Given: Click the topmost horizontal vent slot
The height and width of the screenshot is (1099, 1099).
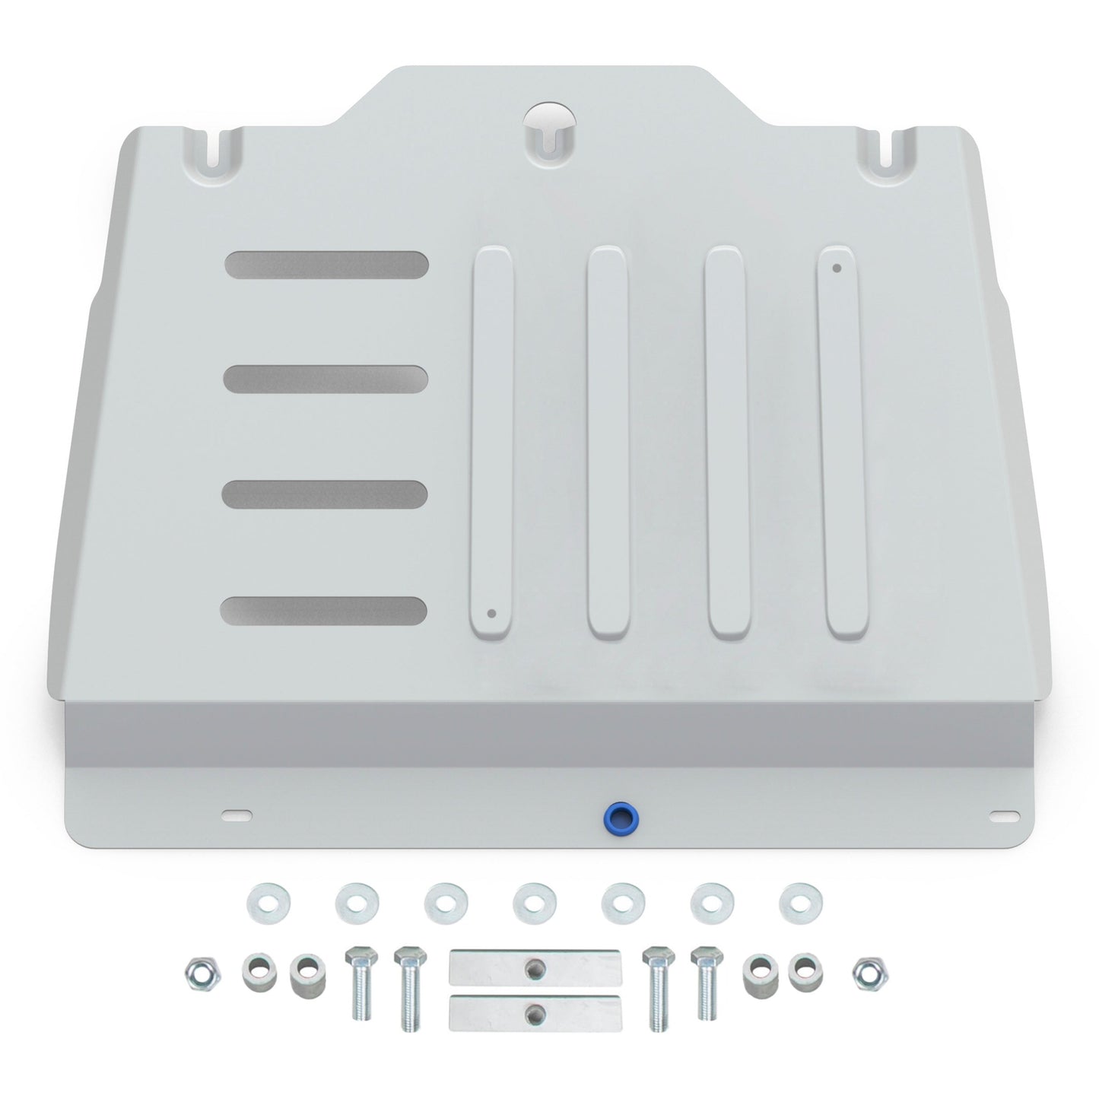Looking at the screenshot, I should click(x=326, y=265).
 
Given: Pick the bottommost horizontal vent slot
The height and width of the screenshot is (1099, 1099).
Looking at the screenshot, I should click(x=324, y=610).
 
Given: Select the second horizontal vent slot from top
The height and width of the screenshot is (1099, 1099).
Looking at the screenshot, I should click(x=326, y=379).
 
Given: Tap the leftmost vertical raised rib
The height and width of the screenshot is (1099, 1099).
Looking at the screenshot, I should click(x=493, y=445).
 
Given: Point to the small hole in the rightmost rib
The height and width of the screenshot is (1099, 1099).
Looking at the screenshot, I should click(x=837, y=268).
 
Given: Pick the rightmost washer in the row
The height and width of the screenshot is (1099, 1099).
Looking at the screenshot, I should click(x=796, y=900).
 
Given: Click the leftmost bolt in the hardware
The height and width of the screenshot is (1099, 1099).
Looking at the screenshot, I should click(x=361, y=981).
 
